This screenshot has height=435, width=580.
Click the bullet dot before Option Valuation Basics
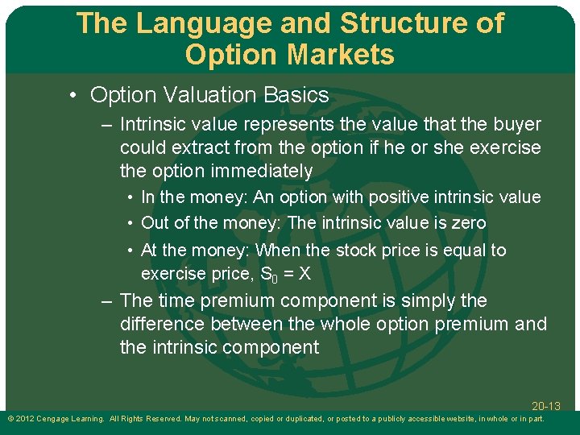[x=73, y=95]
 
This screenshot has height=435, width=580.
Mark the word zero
[x=467, y=223]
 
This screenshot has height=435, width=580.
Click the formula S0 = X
[x=286, y=274]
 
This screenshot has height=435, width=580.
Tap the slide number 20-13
[x=545, y=406]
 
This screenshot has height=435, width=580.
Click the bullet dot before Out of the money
[x=129, y=223]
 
